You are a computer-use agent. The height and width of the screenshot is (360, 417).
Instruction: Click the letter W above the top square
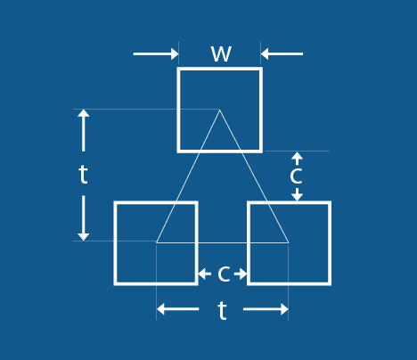(221, 53)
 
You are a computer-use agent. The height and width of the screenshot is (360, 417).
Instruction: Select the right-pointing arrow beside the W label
(156, 54)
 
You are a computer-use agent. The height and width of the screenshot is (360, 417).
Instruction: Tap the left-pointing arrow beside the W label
(282, 54)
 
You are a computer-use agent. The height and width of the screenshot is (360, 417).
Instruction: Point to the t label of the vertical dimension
(84, 175)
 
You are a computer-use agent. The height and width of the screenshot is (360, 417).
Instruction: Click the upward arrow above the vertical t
(84, 130)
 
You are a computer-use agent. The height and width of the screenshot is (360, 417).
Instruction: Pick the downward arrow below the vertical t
(84, 218)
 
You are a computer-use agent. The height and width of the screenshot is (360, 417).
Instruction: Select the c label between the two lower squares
(224, 274)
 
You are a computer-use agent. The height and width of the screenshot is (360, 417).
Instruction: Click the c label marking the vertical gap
(296, 176)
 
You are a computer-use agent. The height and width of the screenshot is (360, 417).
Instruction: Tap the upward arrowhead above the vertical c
(297, 159)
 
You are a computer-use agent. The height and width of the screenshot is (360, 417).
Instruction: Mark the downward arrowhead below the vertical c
(297, 194)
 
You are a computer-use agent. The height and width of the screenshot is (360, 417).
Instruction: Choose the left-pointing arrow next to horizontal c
(205, 274)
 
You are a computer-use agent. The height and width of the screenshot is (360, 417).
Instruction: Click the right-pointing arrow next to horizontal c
(241, 274)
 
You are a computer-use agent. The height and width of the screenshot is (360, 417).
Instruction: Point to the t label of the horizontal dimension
(222, 310)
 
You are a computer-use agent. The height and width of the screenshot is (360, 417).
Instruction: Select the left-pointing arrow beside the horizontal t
(177, 309)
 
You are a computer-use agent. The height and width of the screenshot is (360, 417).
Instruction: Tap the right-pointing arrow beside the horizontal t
(266, 309)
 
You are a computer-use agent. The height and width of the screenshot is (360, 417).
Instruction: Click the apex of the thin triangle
(219, 110)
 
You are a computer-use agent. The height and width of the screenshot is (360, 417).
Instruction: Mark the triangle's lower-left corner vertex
(156, 242)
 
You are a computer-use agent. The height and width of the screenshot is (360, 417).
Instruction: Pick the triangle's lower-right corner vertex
(289, 242)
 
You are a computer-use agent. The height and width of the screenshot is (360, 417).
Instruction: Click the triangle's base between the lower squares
(223, 242)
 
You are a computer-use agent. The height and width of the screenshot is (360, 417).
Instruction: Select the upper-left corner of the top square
(178, 69)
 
